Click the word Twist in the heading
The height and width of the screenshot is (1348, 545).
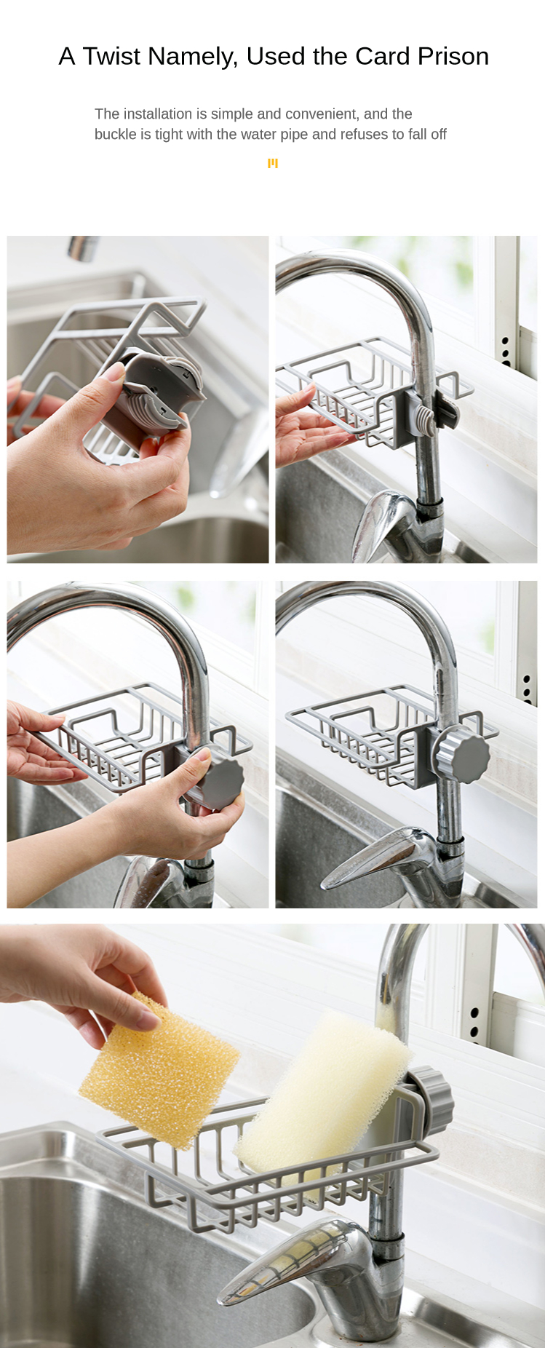point(113,56)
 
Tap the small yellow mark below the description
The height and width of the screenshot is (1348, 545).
point(273,163)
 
